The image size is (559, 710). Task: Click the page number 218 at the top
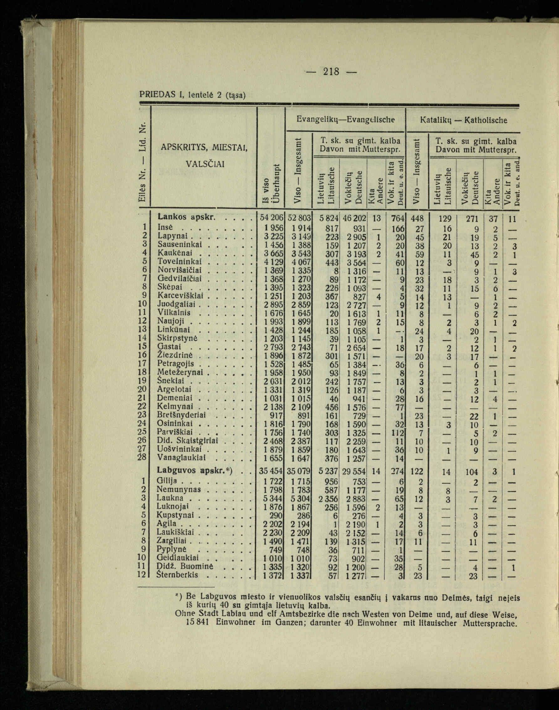(x=331, y=71)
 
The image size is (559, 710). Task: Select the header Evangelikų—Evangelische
(x=346, y=120)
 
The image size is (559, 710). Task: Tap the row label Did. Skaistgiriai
(x=187, y=440)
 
